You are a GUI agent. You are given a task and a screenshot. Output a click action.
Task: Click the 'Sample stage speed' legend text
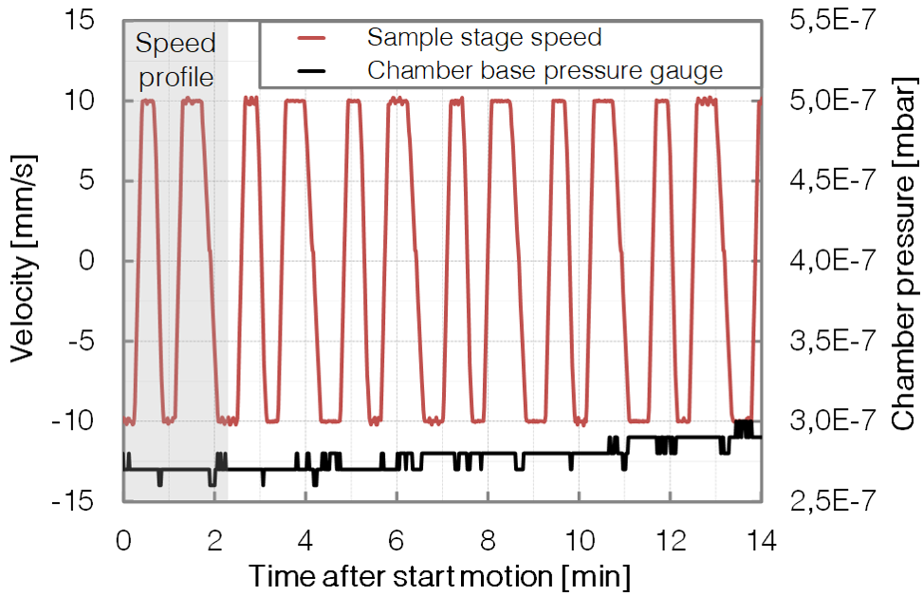[x=484, y=38]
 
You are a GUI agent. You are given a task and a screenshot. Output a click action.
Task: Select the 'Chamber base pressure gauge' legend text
[x=545, y=70]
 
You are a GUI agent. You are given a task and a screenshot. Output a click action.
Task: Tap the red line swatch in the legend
[x=311, y=38]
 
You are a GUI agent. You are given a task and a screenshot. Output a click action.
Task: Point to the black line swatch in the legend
[x=311, y=70]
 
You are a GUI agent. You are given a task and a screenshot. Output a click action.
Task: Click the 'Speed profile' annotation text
[x=175, y=59]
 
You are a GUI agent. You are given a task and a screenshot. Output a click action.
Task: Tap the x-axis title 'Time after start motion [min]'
[x=440, y=575]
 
